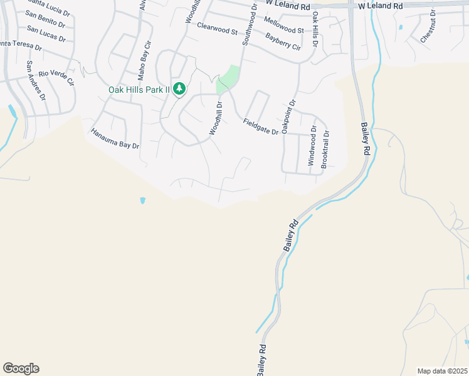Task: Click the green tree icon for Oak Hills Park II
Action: coord(179,89)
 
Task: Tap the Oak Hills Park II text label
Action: coord(139,90)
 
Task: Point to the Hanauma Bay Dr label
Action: coord(115,138)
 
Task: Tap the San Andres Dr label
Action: coord(36,80)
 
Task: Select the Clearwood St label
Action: coord(217,29)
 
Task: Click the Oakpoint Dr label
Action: coord(288,116)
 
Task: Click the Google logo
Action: coord(21,368)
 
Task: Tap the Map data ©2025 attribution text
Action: coord(442,371)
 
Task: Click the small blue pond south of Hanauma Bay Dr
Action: coord(143,201)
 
